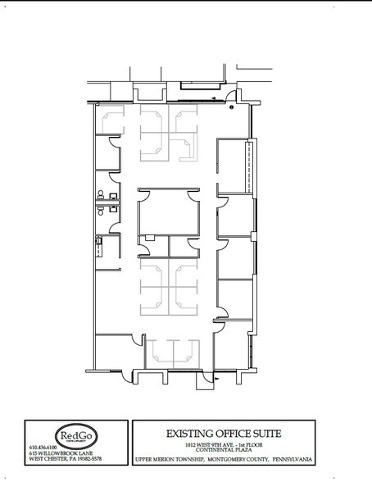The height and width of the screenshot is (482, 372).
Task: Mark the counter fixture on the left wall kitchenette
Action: pyautogui.click(x=98, y=241)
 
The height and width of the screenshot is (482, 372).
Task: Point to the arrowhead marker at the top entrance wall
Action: pyautogui.click(x=214, y=98)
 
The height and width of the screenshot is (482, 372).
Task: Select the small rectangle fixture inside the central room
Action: pyautogui.click(x=150, y=239)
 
